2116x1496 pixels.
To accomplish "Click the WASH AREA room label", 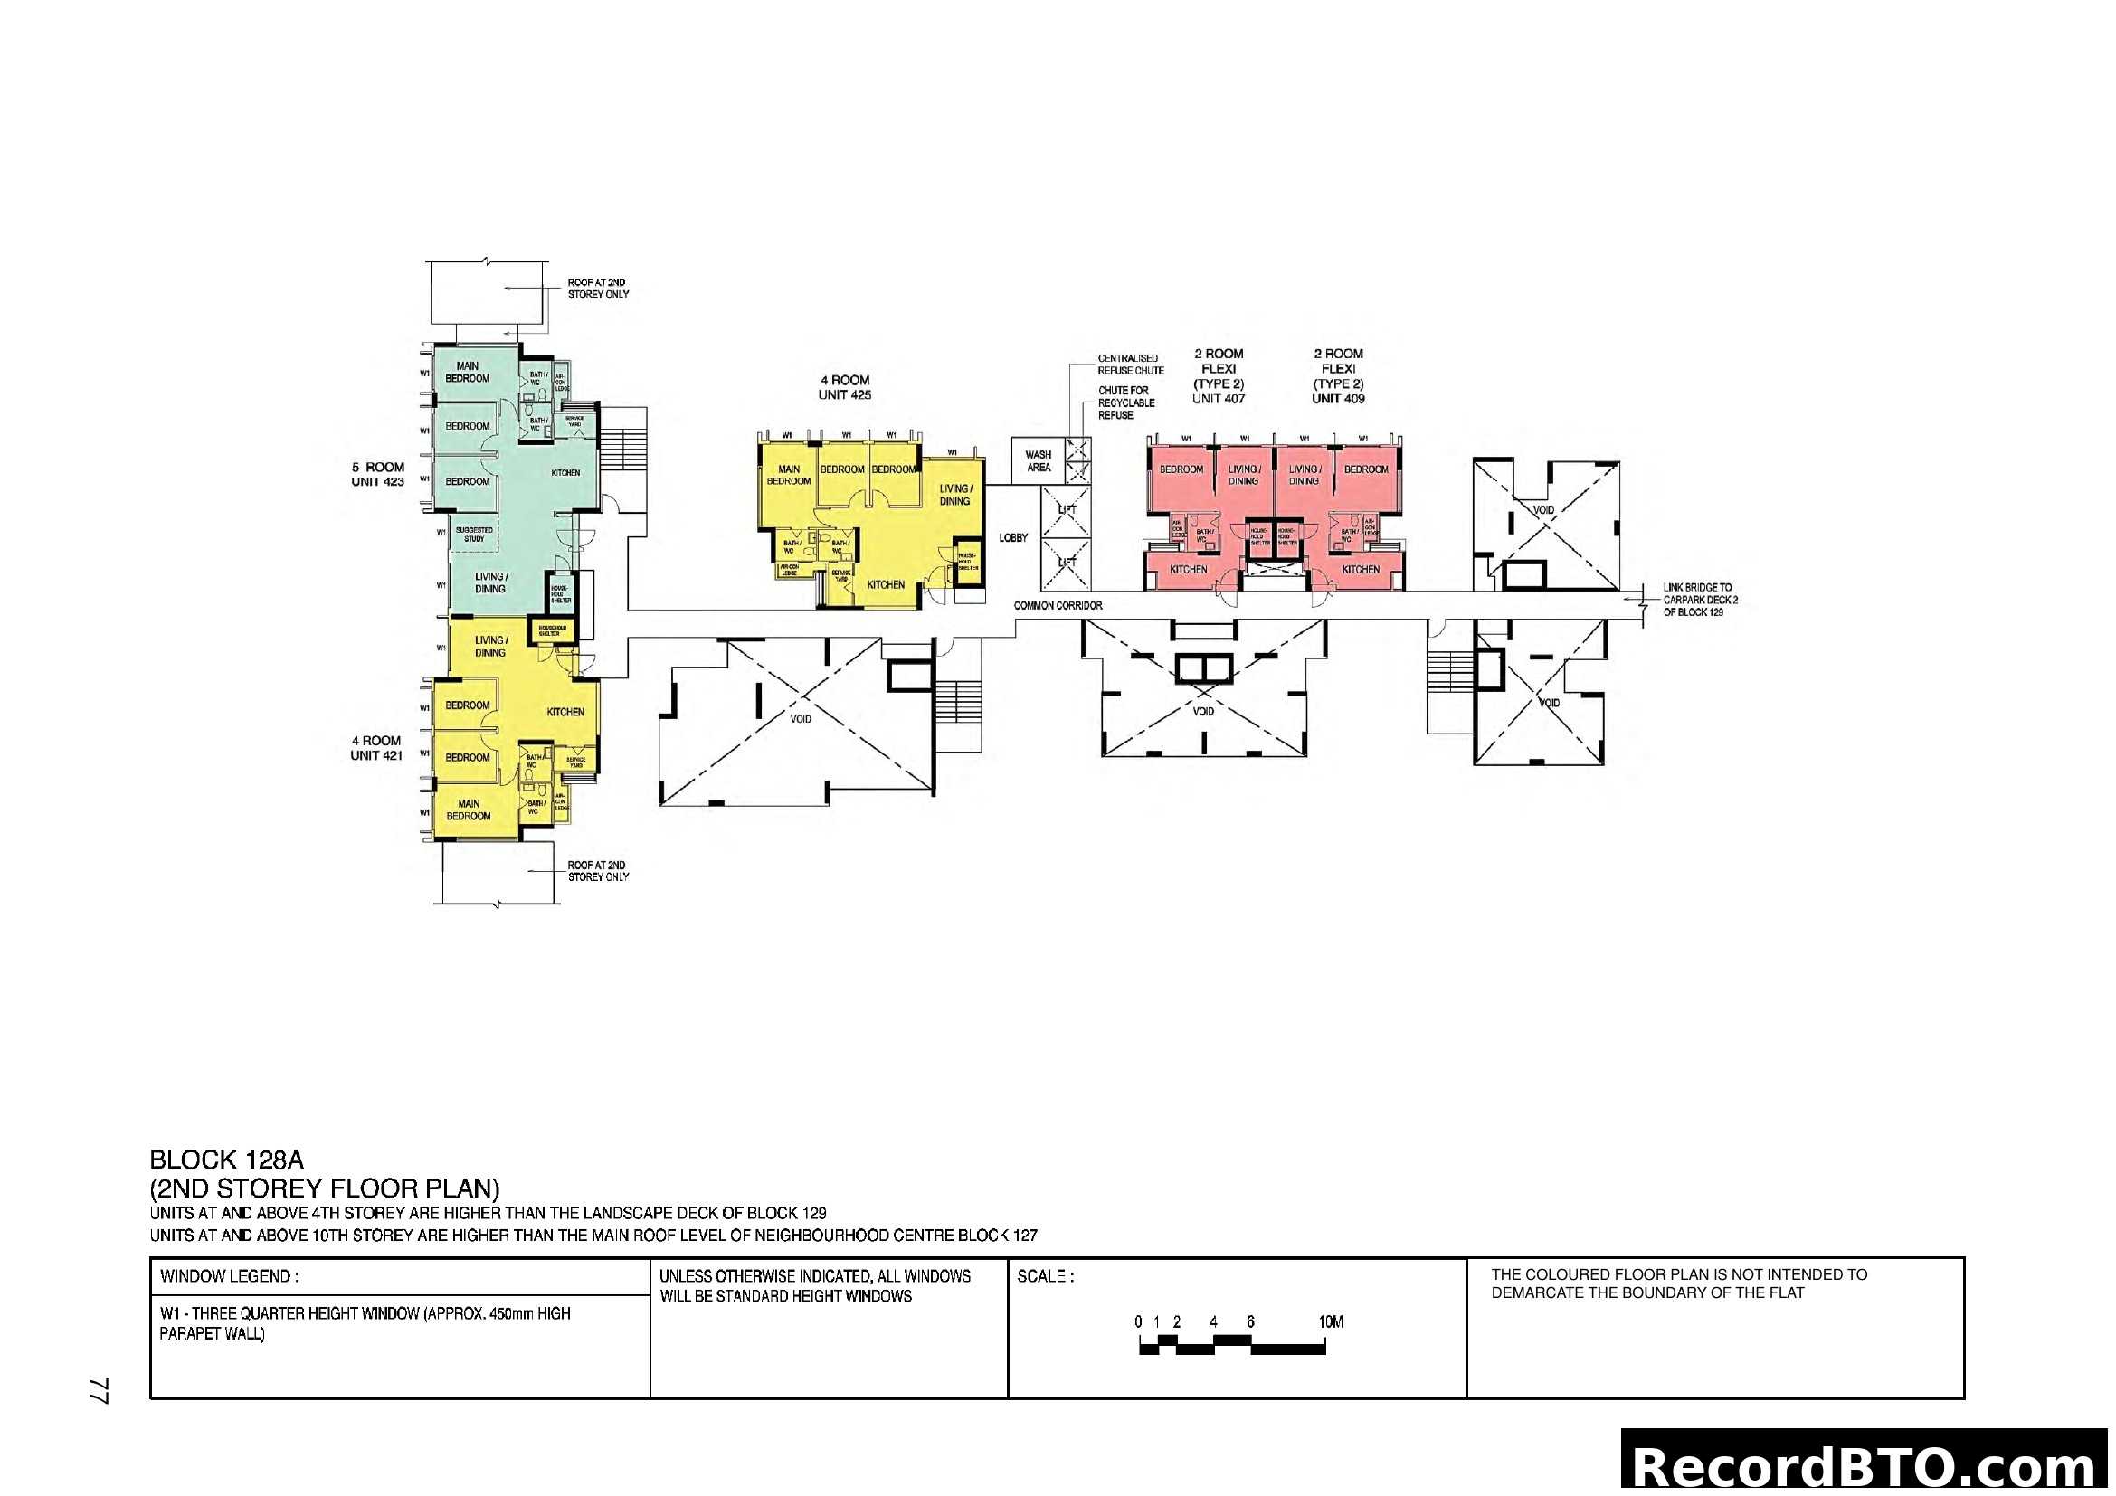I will [1038, 460].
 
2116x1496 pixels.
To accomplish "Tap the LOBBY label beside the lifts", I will [1013, 538].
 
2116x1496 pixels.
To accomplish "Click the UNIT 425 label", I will [844, 395].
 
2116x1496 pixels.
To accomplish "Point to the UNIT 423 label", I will [377, 482].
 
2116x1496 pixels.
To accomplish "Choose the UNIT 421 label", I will [376, 755].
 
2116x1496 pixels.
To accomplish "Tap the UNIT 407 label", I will [1219, 399].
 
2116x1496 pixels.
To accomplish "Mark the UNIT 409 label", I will [1338, 399].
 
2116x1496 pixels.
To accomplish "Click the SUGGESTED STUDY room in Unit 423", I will [474, 535].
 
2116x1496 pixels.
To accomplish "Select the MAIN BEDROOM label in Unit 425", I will [789, 476].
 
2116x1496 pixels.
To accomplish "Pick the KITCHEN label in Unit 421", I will [565, 712].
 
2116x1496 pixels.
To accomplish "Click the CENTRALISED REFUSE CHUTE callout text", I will [1131, 365].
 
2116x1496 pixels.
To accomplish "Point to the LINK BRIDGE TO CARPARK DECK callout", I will [1700, 600].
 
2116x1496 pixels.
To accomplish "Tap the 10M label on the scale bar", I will [1330, 1322].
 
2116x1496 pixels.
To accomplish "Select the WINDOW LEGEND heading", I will [229, 1277].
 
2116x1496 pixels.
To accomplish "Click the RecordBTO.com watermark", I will [1866, 1466].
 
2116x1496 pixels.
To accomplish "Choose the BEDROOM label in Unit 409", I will [1366, 469].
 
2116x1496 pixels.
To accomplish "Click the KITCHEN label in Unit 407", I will [1188, 570].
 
